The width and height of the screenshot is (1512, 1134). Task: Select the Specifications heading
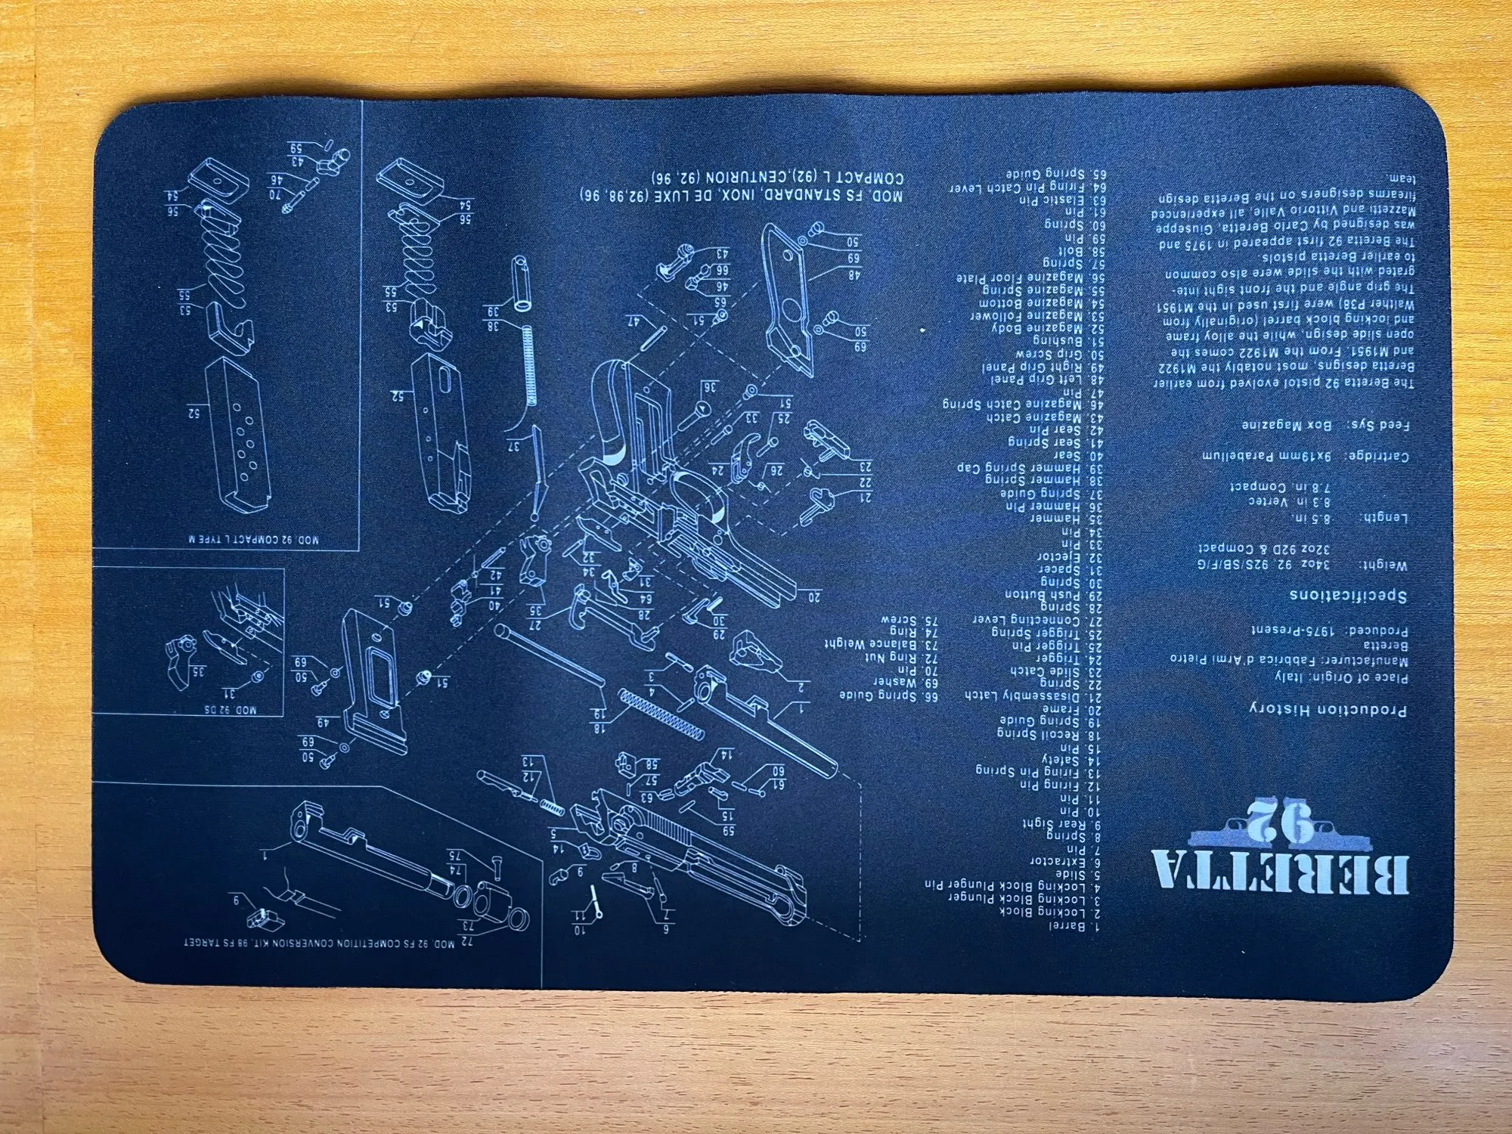click(1347, 596)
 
